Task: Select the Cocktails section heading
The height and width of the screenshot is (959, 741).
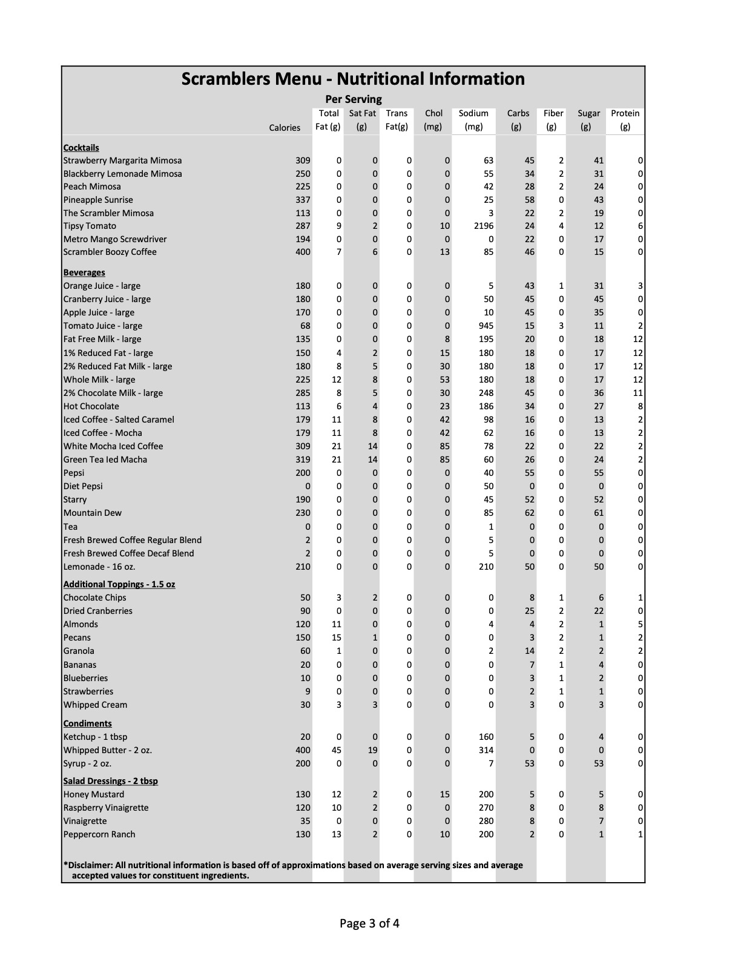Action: coord(81,148)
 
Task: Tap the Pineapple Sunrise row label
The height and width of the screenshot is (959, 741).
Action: coord(98,200)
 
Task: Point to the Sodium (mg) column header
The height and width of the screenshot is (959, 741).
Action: coord(473,120)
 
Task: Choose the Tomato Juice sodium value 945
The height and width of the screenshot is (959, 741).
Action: coord(486,326)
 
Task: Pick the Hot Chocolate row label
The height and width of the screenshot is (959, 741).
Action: coord(91,406)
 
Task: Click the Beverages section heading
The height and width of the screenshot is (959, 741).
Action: coord(84,272)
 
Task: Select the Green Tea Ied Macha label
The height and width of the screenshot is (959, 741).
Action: coord(105,460)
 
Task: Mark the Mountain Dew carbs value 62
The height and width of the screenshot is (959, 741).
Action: coord(529,513)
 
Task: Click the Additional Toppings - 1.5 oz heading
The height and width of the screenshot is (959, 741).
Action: coord(119,584)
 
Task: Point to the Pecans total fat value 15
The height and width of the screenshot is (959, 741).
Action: coord(336,638)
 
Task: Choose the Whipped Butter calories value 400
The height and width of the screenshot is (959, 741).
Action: coord(303,750)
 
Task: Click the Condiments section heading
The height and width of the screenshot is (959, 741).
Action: coord(88,723)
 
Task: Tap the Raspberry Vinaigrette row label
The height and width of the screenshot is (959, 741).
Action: coord(106,808)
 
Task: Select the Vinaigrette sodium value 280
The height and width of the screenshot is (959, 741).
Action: coord(486,821)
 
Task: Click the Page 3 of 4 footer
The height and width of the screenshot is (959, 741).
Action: coord(369,923)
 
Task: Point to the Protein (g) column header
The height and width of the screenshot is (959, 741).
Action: coord(625,120)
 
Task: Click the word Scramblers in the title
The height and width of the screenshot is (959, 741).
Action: coord(225,79)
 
